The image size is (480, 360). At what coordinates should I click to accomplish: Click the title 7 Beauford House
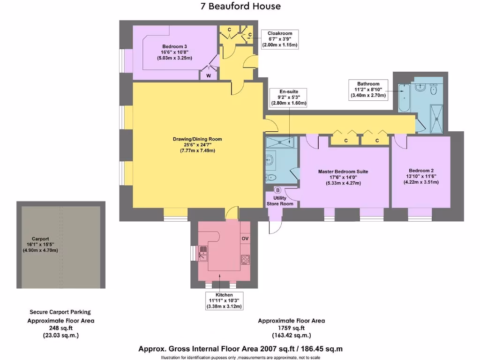coord(240,6)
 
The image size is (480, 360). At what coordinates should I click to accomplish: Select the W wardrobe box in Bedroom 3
coord(209,75)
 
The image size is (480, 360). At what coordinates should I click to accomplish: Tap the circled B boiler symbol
coord(277,190)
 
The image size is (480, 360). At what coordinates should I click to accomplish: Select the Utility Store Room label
coord(280,201)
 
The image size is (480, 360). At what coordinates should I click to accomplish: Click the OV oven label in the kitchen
coord(245,239)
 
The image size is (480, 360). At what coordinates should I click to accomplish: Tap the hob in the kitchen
coord(245,259)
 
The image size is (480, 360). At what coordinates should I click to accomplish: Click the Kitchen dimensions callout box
coord(224,301)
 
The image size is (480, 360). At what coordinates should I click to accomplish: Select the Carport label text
coord(40,239)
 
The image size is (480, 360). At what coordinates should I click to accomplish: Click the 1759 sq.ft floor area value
coord(291,328)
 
